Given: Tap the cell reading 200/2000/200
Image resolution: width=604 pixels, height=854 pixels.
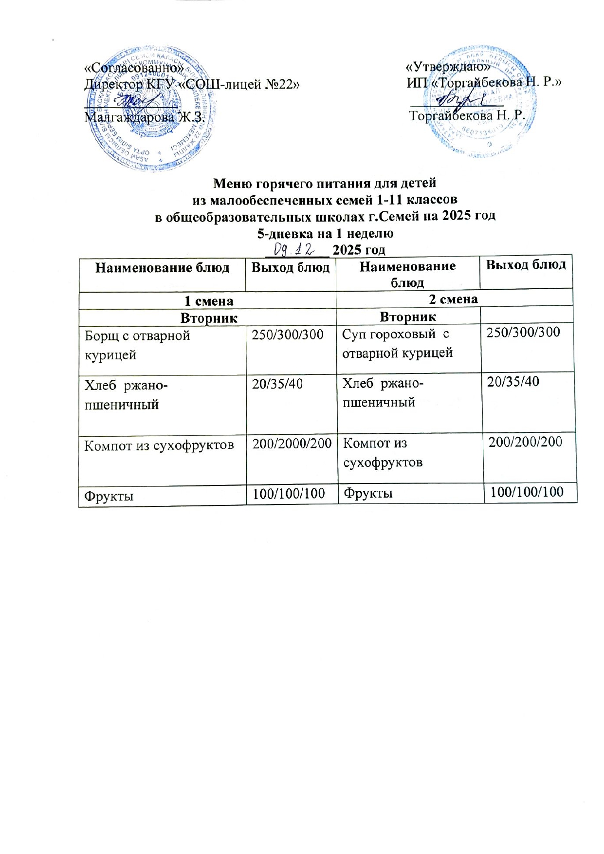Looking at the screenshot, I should pos(291,444).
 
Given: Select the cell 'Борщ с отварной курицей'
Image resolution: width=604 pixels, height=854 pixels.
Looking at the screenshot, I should pos(137,345).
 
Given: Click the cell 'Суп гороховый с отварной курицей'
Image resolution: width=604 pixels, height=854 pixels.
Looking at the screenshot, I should pos(397,344).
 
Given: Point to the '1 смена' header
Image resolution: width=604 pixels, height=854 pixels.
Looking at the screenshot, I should pos(207,300).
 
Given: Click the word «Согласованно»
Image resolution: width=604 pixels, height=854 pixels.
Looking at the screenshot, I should pos(134,68).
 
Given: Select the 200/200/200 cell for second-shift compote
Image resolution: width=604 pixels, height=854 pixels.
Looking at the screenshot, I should pos(526,442).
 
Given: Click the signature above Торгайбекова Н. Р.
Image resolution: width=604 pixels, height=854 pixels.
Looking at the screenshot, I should pos(456,100).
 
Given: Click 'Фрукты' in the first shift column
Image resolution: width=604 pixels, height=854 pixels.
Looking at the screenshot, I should pos(110,496).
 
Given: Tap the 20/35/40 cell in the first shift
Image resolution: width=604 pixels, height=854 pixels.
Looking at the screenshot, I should pos(277,384).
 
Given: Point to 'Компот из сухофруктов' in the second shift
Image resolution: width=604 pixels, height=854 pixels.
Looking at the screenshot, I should pos(383,452).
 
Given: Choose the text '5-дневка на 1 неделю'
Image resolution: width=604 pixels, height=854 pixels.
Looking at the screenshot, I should pos(325,233).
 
